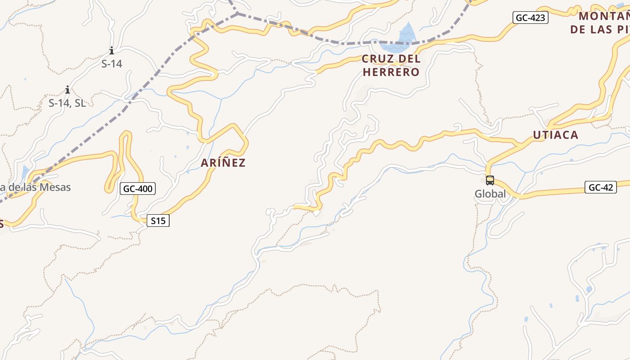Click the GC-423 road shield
pyautogui.click(x=530, y=18)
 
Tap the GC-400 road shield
pyautogui.click(x=138, y=189)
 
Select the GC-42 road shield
pyautogui.click(x=600, y=187)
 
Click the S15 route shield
pyautogui.click(x=158, y=220)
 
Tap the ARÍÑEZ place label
pyautogui.click(x=223, y=163)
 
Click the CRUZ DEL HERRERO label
pyautogui.click(x=391, y=65)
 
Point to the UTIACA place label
pyautogui.click(x=555, y=135)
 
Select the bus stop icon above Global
pyautogui.click(x=490, y=180)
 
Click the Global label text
pyautogui.click(x=490, y=194)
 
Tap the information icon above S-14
pyautogui.click(x=112, y=51)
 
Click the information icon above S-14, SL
pyautogui.click(x=67, y=90)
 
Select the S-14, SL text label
pyautogui.click(x=67, y=103)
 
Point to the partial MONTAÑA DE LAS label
pyautogui.click(x=601, y=23)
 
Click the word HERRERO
pyautogui.click(x=391, y=72)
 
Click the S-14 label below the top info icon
pyautogui.click(x=112, y=64)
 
